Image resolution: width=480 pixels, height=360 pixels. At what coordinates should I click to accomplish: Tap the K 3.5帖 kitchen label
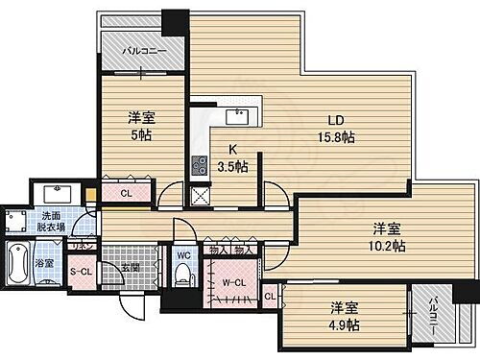pos(231,157)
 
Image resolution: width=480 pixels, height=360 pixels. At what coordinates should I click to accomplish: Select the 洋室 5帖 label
pos(141,126)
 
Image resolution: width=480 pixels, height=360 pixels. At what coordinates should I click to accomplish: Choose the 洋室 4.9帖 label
pos(346,316)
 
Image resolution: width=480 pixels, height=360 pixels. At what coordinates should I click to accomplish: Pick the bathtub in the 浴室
pos(20,265)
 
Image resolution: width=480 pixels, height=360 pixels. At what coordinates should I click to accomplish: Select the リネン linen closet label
pos(84,246)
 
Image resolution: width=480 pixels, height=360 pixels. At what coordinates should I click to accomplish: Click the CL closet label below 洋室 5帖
pos(126,193)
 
